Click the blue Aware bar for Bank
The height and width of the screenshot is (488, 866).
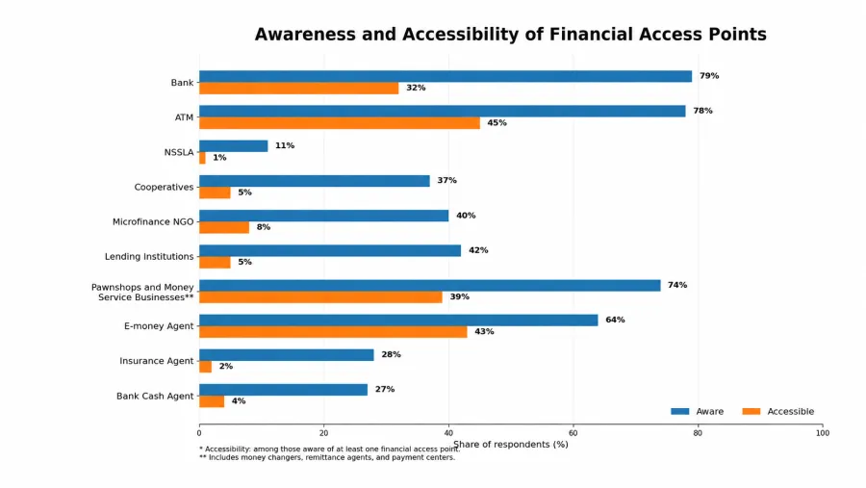pyautogui.click(x=446, y=76)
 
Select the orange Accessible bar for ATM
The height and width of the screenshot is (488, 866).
pyautogui.click(x=340, y=122)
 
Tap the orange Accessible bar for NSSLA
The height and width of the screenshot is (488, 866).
pyautogui.click(x=202, y=158)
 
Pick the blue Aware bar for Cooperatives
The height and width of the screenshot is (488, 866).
pyautogui.click(x=315, y=181)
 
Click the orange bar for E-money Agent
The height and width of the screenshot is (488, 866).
pyautogui.click(x=333, y=332)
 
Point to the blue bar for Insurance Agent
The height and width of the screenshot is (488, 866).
pyautogui.click(x=287, y=355)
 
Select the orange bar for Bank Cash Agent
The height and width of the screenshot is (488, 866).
pyautogui.click(x=212, y=401)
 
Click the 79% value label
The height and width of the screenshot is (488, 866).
pyautogui.click(x=709, y=76)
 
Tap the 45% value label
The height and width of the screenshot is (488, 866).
pyautogui.click(x=497, y=122)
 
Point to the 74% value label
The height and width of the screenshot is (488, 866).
pyautogui.click(x=677, y=285)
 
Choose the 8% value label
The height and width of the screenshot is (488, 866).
pyautogui.click(x=264, y=227)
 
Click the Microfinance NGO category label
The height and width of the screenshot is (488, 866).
pyautogui.click(x=153, y=221)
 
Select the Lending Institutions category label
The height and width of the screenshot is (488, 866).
pyautogui.click(x=149, y=256)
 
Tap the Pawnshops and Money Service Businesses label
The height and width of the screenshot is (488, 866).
pyautogui.click(x=142, y=293)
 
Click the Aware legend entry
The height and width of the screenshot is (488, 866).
pyautogui.click(x=697, y=411)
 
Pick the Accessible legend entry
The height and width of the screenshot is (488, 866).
pyautogui.click(x=778, y=411)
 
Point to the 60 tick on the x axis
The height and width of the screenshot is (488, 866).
pyautogui.click(x=573, y=433)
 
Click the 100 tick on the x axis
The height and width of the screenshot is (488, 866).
pyautogui.click(x=823, y=433)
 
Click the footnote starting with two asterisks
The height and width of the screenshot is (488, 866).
pyautogui.click(x=327, y=457)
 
